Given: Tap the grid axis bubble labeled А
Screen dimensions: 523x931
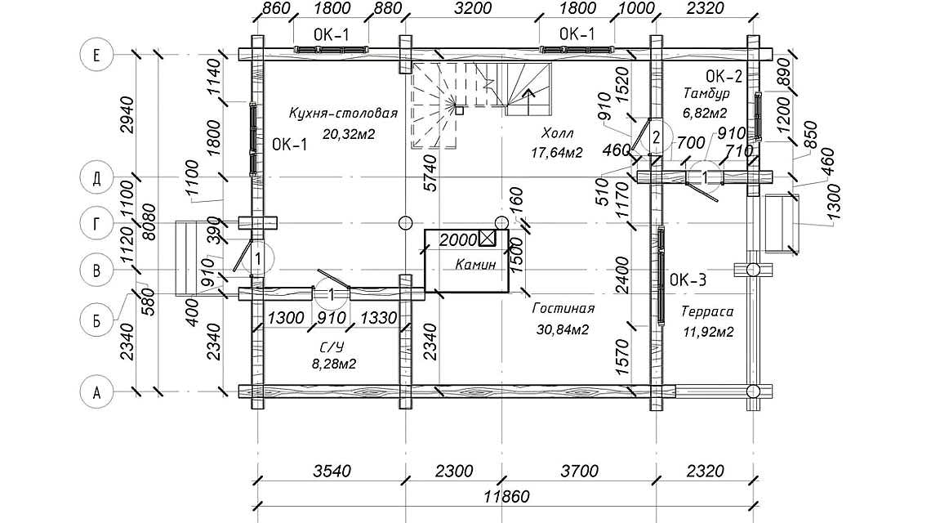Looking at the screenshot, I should [x=97, y=392].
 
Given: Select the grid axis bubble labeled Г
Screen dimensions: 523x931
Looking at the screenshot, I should [x=97, y=223].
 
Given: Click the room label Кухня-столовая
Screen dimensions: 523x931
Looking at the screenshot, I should [x=343, y=114].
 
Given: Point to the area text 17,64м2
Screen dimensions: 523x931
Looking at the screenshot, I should [x=556, y=152].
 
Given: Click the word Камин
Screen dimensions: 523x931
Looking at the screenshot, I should [x=475, y=265].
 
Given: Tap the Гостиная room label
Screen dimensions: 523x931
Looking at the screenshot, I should [x=563, y=309].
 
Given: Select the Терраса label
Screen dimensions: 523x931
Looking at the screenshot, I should [x=707, y=311].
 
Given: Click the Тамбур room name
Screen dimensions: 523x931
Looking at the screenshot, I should [x=706, y=94].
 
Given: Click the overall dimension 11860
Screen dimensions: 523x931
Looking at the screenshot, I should [x=506, y=496].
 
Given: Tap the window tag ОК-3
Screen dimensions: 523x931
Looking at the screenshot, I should [x=688, y=280].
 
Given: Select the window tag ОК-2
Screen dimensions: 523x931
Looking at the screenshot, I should [x=724, y=77].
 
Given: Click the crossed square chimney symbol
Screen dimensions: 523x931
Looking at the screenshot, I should [x=488, y=239].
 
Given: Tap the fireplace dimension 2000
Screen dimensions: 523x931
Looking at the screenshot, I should [x=457, y=239].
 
